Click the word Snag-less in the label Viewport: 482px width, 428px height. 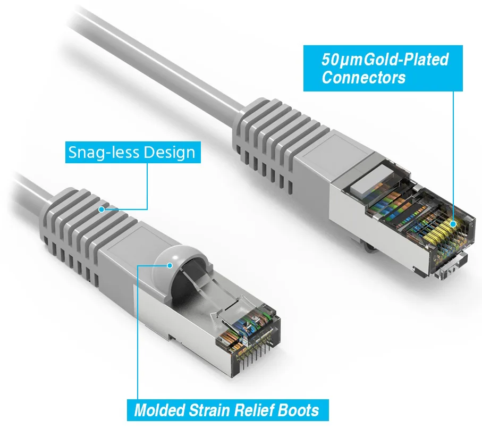tap(104, 153)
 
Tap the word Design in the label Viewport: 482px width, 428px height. tap(170, 153)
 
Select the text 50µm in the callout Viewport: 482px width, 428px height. tap(342, 60)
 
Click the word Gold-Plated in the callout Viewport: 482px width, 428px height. tap(406, 60)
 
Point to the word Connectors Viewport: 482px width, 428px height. tap(363, 78)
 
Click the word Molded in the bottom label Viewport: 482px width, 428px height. tap(159, 410)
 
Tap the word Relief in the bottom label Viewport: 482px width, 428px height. tap(254, 410)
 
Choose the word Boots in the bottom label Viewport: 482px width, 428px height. tap(298, 410)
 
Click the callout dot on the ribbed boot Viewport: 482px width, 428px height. tap(102, 209)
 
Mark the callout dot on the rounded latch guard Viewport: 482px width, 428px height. tap(170, 265)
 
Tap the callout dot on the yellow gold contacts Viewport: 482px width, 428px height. tap(453, 224)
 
